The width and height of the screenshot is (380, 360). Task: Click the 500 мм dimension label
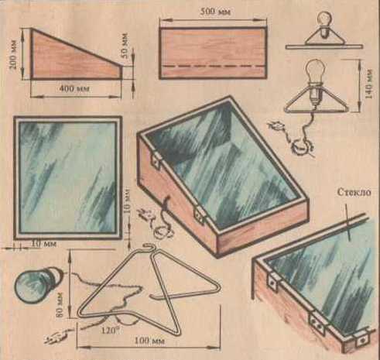point(215,12)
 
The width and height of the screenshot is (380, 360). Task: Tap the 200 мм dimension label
point(14,54)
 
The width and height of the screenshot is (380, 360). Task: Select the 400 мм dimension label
point(74,89)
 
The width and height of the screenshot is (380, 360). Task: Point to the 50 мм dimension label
point(125,46)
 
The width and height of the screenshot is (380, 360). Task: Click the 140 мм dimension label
point(369,84)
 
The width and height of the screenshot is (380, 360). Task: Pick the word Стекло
point(354,192)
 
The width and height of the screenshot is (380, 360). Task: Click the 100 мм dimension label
point(149,341)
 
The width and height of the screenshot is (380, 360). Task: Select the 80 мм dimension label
point(59,305)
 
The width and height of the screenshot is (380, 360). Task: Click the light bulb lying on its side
point(39,283)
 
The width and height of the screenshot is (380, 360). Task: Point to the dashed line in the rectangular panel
point(213,67)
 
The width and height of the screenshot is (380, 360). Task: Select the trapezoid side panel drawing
point(77,53)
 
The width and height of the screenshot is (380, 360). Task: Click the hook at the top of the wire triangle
point(149,248)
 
